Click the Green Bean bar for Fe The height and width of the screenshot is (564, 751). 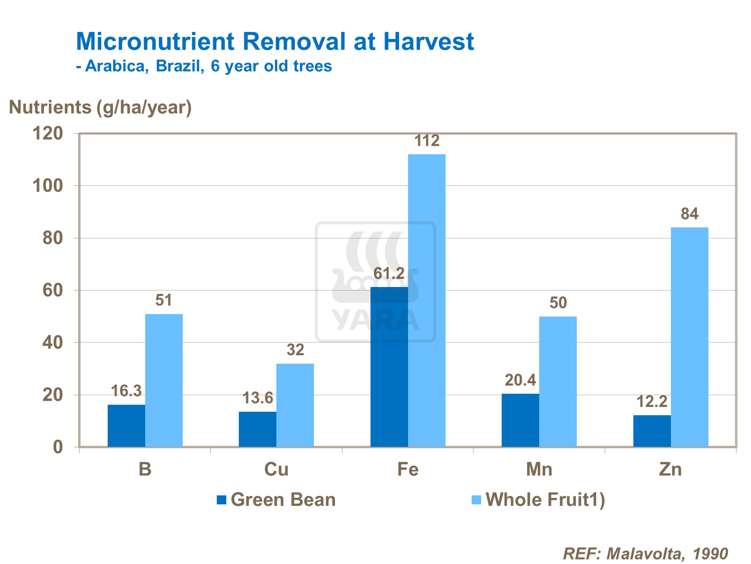389,367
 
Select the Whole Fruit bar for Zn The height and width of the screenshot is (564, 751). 689,337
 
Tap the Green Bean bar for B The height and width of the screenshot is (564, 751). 126,426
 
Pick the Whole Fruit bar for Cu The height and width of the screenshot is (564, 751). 295,405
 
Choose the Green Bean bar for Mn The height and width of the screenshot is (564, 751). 520,420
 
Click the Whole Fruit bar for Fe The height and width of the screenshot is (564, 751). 427,301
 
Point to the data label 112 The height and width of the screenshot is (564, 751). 427,141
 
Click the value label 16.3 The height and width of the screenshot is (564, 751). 126,391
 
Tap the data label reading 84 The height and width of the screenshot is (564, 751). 689,214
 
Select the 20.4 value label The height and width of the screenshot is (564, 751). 520,381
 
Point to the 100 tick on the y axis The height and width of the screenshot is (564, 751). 48,186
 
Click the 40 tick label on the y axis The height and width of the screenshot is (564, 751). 53,343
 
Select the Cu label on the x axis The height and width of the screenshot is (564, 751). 276,469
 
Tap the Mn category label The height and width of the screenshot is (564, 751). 539,469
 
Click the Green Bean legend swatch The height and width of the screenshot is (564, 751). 221,500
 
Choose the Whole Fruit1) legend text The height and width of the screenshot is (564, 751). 545,500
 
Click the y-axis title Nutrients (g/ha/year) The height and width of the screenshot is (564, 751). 100,107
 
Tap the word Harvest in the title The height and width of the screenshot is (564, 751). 429,42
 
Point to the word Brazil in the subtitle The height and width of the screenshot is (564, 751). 180,67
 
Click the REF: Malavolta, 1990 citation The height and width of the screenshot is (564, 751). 645,553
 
